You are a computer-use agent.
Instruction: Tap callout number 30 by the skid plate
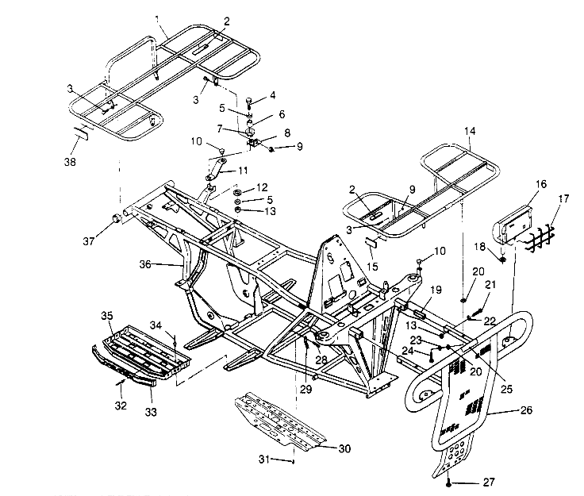344,449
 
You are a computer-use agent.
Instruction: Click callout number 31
267,459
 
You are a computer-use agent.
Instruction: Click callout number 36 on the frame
165,265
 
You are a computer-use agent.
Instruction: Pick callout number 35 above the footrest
106,316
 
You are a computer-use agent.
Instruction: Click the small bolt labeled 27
450,481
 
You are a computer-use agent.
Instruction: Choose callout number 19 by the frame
436,290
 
